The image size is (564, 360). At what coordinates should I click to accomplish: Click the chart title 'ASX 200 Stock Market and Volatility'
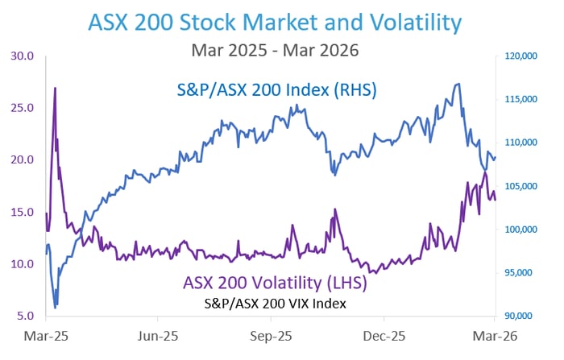281,21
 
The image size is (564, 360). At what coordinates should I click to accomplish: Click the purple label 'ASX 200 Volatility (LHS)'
275,283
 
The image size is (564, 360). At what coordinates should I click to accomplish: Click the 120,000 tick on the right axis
521,56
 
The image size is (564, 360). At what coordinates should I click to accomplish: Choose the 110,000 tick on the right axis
521,143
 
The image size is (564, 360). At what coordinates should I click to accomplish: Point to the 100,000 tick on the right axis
521,230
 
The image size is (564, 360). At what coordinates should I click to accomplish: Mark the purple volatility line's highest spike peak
55,87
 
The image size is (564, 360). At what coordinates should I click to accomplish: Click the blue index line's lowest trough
55,308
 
